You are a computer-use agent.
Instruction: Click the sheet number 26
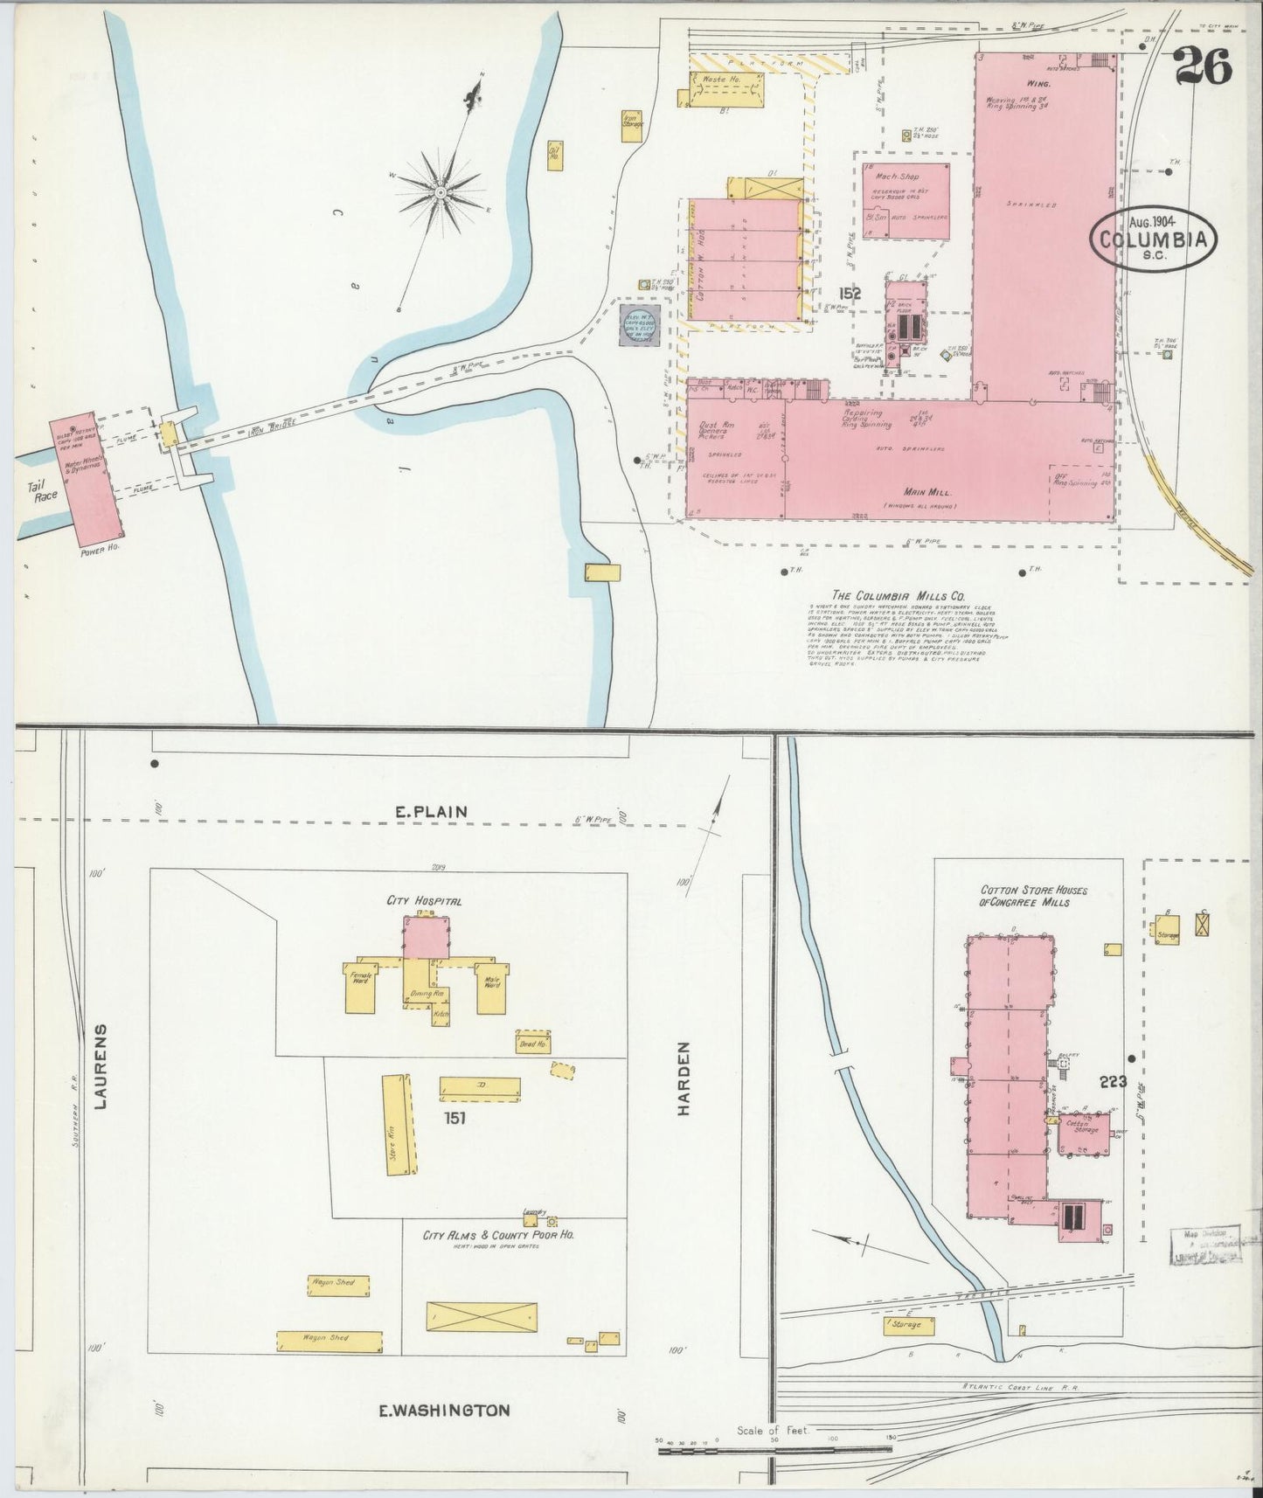click(1203, 65)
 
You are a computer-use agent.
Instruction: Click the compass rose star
click(441, 191)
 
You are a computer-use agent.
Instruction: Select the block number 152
click(850, 294)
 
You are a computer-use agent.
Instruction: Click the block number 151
click(455, 1116)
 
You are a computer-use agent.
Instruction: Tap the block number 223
click(1114, 1082)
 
